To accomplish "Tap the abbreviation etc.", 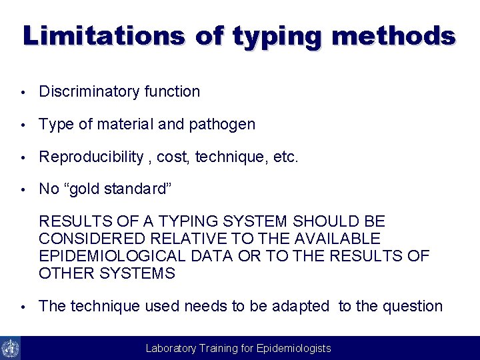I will (x=285, y=157).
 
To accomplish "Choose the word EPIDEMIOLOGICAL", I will (x=111, y=256).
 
